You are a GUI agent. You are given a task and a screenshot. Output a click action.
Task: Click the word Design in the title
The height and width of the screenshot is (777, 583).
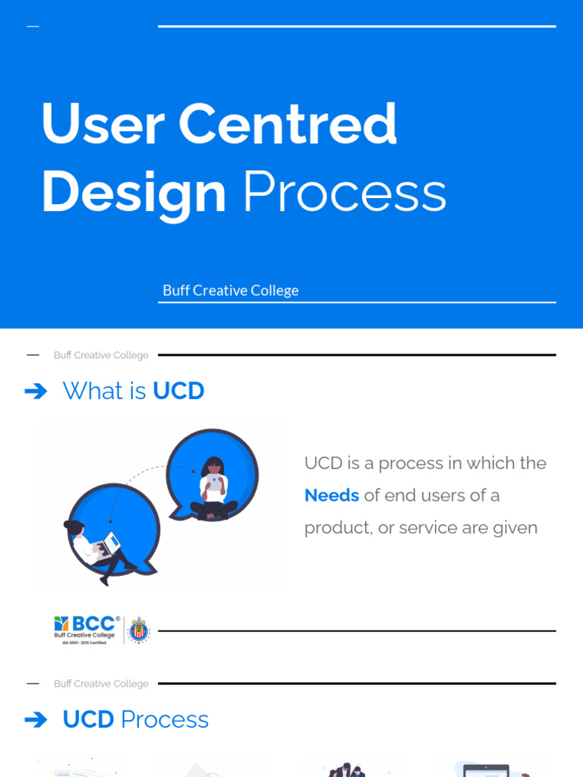[x=134, y=192]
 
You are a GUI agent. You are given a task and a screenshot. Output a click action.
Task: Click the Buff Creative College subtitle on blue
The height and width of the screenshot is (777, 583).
[x=230, y=291]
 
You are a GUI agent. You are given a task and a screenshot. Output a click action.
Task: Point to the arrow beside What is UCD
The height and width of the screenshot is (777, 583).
[x=36, y=392]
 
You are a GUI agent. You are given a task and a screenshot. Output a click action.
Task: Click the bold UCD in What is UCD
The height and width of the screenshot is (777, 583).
[x=178, y=392]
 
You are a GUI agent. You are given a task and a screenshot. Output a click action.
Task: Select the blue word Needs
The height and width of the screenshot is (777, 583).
[x=332, y=495]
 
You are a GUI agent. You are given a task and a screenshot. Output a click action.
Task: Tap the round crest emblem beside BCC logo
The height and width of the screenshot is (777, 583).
[x=138, y=630]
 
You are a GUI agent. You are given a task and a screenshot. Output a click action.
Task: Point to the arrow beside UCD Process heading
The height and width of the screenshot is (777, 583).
[x=36, y=720]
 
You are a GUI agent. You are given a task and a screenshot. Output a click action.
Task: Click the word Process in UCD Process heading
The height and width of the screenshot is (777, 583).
[x=165, y=720]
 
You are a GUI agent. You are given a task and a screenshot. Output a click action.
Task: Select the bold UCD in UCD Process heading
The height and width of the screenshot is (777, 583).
[x=88, y=720]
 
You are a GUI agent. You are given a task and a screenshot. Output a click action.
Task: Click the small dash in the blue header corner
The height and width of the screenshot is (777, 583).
[x=33, y=27]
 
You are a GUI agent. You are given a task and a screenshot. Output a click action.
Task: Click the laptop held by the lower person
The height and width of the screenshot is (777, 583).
[x=112, y=543]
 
